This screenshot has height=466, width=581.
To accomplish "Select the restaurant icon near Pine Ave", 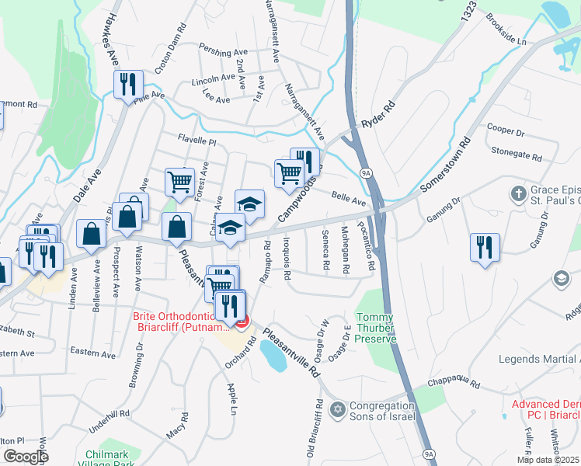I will tap(128, 84).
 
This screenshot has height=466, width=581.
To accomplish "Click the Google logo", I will tap(26, 457).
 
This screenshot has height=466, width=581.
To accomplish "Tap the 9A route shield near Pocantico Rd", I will tap(364, 172).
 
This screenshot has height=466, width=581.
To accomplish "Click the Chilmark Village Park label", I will tap(115, 458).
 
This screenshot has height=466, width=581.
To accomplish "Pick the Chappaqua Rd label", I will tap(454, 384).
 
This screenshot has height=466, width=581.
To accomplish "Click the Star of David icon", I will tap(337, 409).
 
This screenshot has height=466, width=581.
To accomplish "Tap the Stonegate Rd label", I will tap(516, 156).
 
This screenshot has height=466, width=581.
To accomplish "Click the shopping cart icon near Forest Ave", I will tap(179, 182).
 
